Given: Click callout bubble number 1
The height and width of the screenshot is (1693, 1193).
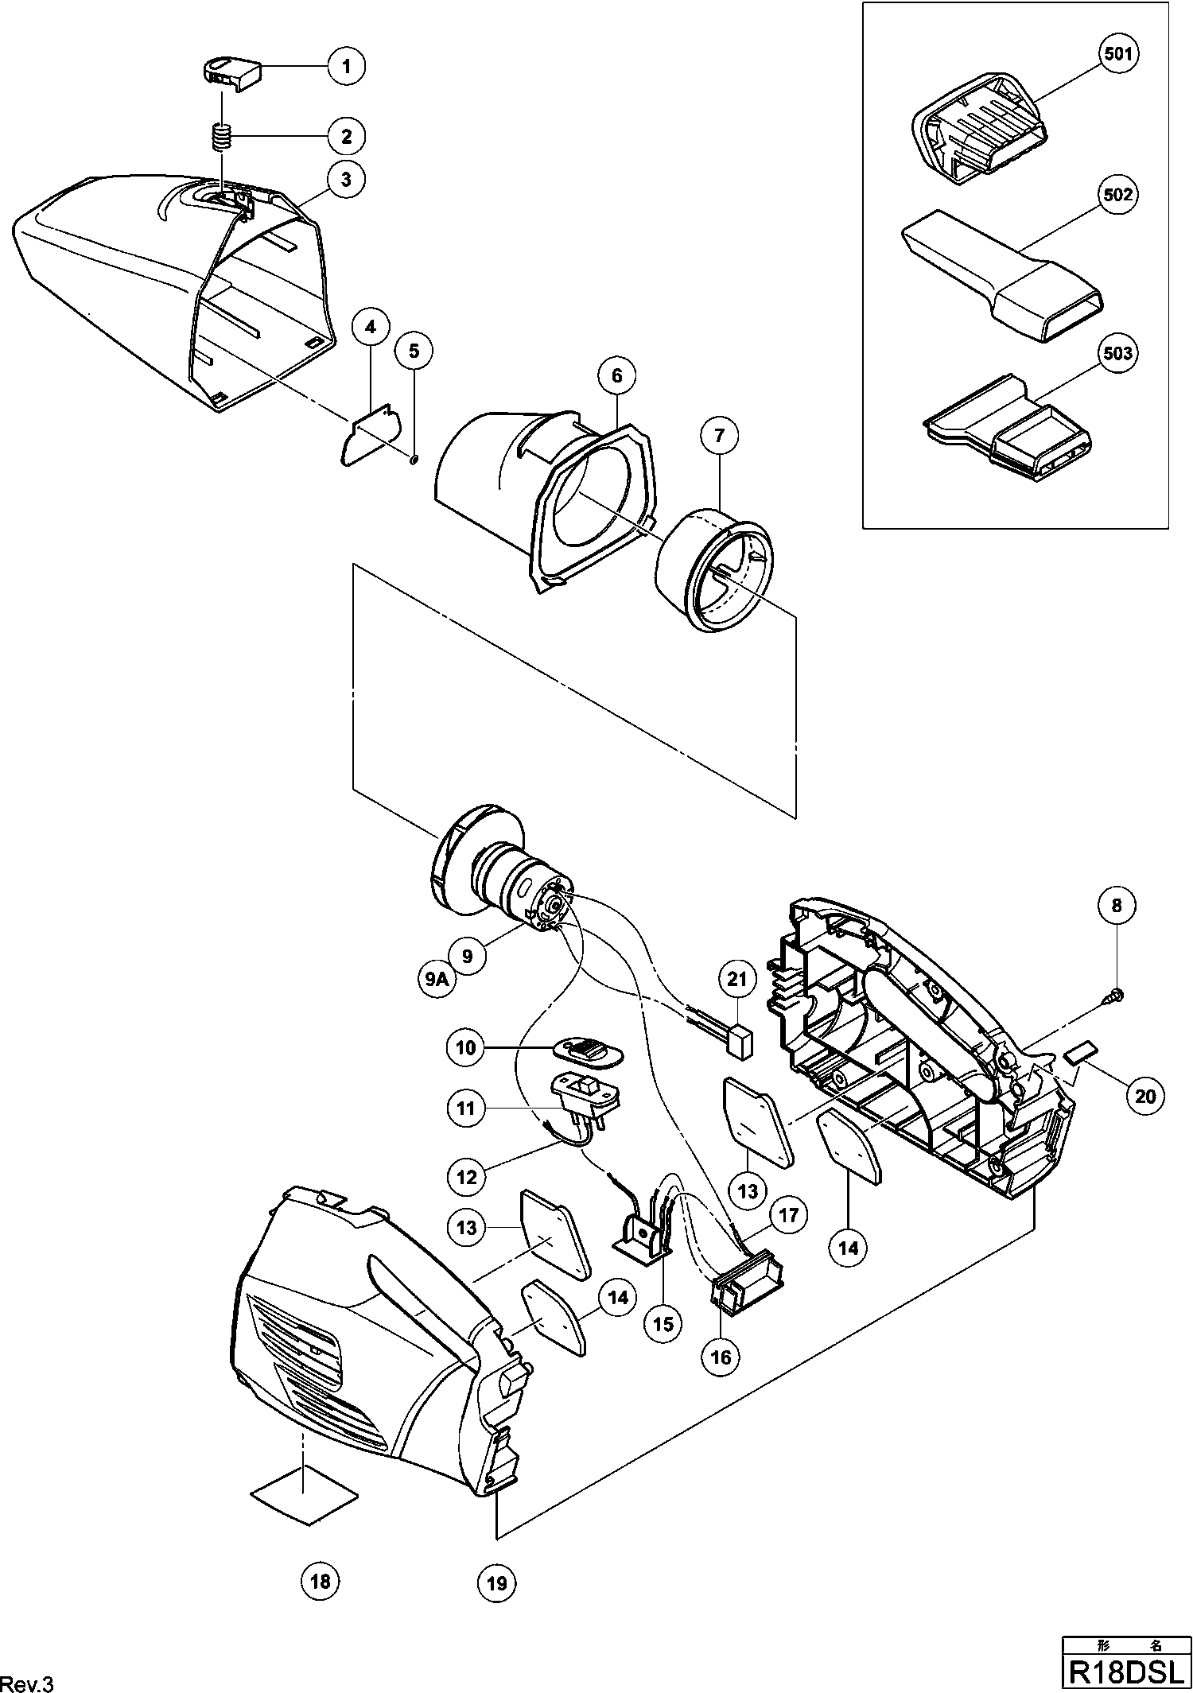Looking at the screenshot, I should pyautogui.click(x=346, y=65).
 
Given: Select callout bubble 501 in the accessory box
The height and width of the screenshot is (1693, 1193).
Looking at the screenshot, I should pyautogui.click(x=1118, y=53).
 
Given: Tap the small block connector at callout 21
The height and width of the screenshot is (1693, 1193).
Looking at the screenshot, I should pyautogui.click(x=742, y=1043).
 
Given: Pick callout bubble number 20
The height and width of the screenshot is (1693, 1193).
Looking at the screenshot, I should pyautogui.click(x=1144, y=1096).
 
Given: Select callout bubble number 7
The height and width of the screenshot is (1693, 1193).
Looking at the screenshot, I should pyautogui.click(x=720, y=435).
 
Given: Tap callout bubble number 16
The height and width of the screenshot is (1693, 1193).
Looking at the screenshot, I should pyautogui.click(x=721, y=1357).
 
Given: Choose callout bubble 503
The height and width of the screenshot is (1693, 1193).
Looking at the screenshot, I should pyautogui.click(x=1117, y=352).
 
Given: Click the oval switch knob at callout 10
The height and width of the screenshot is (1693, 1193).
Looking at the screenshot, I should pyautogui.click(x=588, y=1052).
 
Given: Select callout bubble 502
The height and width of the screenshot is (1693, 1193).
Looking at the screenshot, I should pyautogui.click(x=1117, y=196).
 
